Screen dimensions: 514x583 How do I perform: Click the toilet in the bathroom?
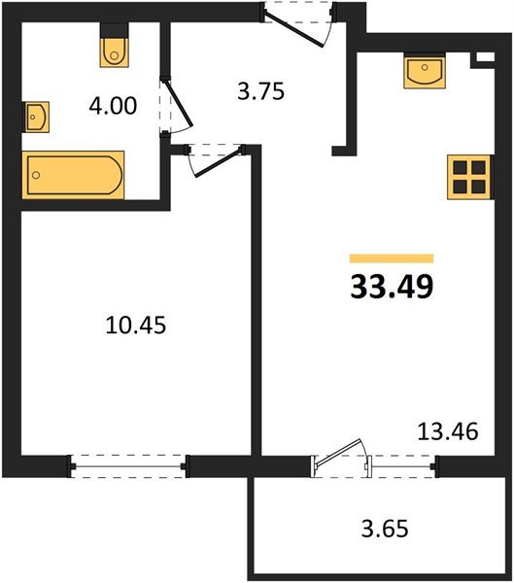(115, 45)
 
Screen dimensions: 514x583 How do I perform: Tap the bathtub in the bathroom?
(73, 175)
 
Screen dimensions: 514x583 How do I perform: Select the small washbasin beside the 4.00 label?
(37, 117)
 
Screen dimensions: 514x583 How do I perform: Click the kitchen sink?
(425, 71)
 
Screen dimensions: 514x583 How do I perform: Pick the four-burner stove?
(469, 178)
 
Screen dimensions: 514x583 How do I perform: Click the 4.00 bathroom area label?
(113, 106)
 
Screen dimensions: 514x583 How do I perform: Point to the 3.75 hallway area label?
(260, 91)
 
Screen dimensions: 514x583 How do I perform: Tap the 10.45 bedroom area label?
(136, 325)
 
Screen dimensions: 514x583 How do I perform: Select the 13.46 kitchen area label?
(448, 431)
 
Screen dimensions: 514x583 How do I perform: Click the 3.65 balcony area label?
(385, 529)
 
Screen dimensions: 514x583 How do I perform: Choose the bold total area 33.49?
(392, 287)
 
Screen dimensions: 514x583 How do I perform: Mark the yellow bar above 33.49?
(392, 258)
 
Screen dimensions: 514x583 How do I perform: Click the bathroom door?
(176, 105)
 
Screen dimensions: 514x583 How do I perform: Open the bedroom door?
(217, 160)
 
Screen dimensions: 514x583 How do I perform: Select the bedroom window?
(128, 466)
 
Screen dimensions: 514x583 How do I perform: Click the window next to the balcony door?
(404, 466)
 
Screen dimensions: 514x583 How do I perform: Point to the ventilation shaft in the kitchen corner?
(483, 59)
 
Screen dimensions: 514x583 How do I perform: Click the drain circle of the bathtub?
(36, 175)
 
